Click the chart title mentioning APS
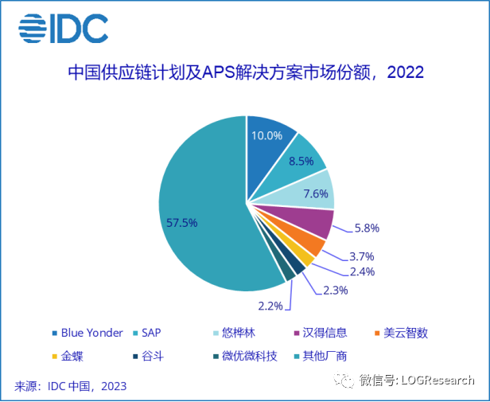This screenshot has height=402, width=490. click(245, 73)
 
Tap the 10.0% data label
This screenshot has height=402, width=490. click(267, 135)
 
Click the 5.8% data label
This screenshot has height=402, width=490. click(366, 228)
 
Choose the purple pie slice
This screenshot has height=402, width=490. click(313, 224)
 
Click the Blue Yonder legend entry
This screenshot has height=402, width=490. click(87, 333)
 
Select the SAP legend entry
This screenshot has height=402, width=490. click(150, 333)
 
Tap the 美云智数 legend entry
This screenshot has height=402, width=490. click(406, 333)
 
